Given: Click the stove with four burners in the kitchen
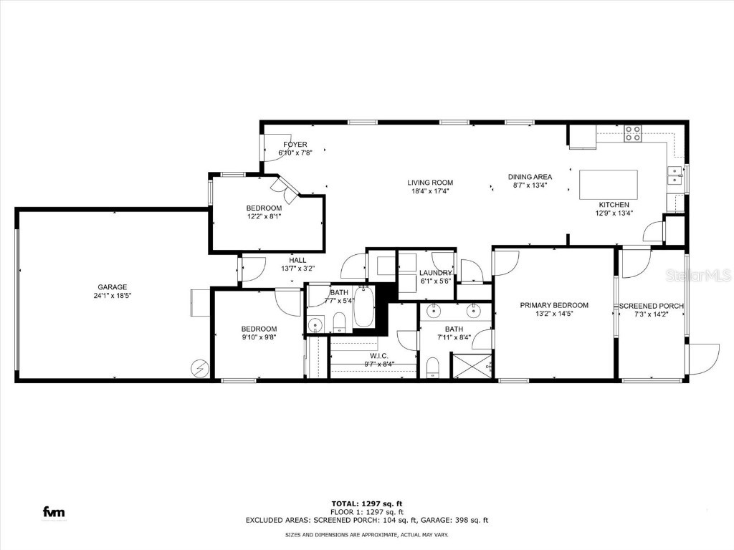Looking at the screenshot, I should click(632, 133).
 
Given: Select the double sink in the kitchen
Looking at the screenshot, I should click(675, 175).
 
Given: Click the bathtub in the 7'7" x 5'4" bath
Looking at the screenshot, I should click(363, 309).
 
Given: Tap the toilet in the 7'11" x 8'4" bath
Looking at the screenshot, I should click(433, 368).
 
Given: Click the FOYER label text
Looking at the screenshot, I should click(295, 145).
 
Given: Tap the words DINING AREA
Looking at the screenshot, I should click(530, 177).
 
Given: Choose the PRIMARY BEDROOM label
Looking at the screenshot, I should click(554, 304).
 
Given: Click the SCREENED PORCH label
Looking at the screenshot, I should click(651, 306).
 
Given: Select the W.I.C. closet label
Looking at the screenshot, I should click(379, 355).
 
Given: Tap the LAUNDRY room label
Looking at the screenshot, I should click(436, 273).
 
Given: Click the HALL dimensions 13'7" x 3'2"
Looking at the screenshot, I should click(297, 269).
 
